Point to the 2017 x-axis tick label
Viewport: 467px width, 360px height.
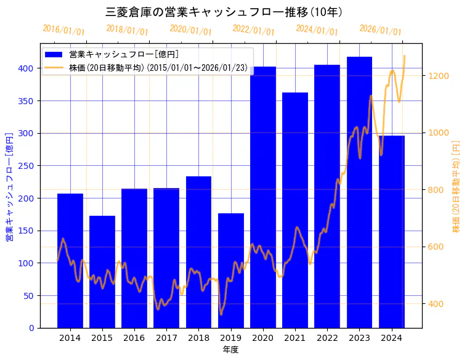click(166, 338)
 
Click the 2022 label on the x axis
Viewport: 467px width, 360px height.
click(327, 338)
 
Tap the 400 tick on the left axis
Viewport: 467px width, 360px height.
click(28, 68)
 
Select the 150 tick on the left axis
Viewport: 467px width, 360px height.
click(28, 231)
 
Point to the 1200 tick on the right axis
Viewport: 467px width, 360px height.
click(438, 76)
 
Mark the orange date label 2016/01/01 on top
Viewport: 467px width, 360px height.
click(63, 30)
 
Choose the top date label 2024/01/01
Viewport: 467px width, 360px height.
click(317, 30)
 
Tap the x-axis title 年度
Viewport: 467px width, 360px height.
click(230, 350)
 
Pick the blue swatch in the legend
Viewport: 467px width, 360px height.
click(54, 54)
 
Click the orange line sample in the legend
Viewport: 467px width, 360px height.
click(54, 67)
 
